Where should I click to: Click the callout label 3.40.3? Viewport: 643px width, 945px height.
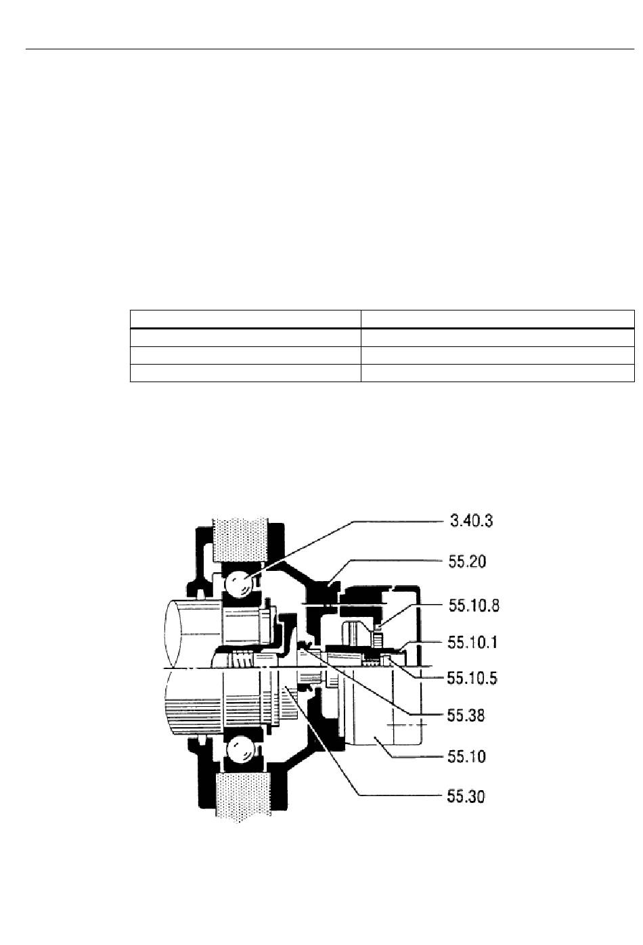pos(471,521)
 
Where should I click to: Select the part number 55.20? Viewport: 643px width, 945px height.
pos(467,561)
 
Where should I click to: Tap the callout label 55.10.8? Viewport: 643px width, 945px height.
pos(474,606)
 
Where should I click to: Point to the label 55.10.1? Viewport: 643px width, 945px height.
pos(472,643)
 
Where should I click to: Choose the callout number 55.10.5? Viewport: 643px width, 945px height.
pos(472,678)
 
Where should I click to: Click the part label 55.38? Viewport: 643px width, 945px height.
pos(466,716)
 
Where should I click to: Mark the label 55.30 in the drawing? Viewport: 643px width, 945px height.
pos(466,796)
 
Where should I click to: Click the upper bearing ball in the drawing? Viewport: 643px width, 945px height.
pos(240,584)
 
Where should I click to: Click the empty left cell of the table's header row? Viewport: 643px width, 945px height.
pos(245,319)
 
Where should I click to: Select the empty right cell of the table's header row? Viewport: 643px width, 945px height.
pos(497,319)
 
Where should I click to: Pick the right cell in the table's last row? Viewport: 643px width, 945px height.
pos(497,373)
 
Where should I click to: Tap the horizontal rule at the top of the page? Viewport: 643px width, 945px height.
pos(330,49)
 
